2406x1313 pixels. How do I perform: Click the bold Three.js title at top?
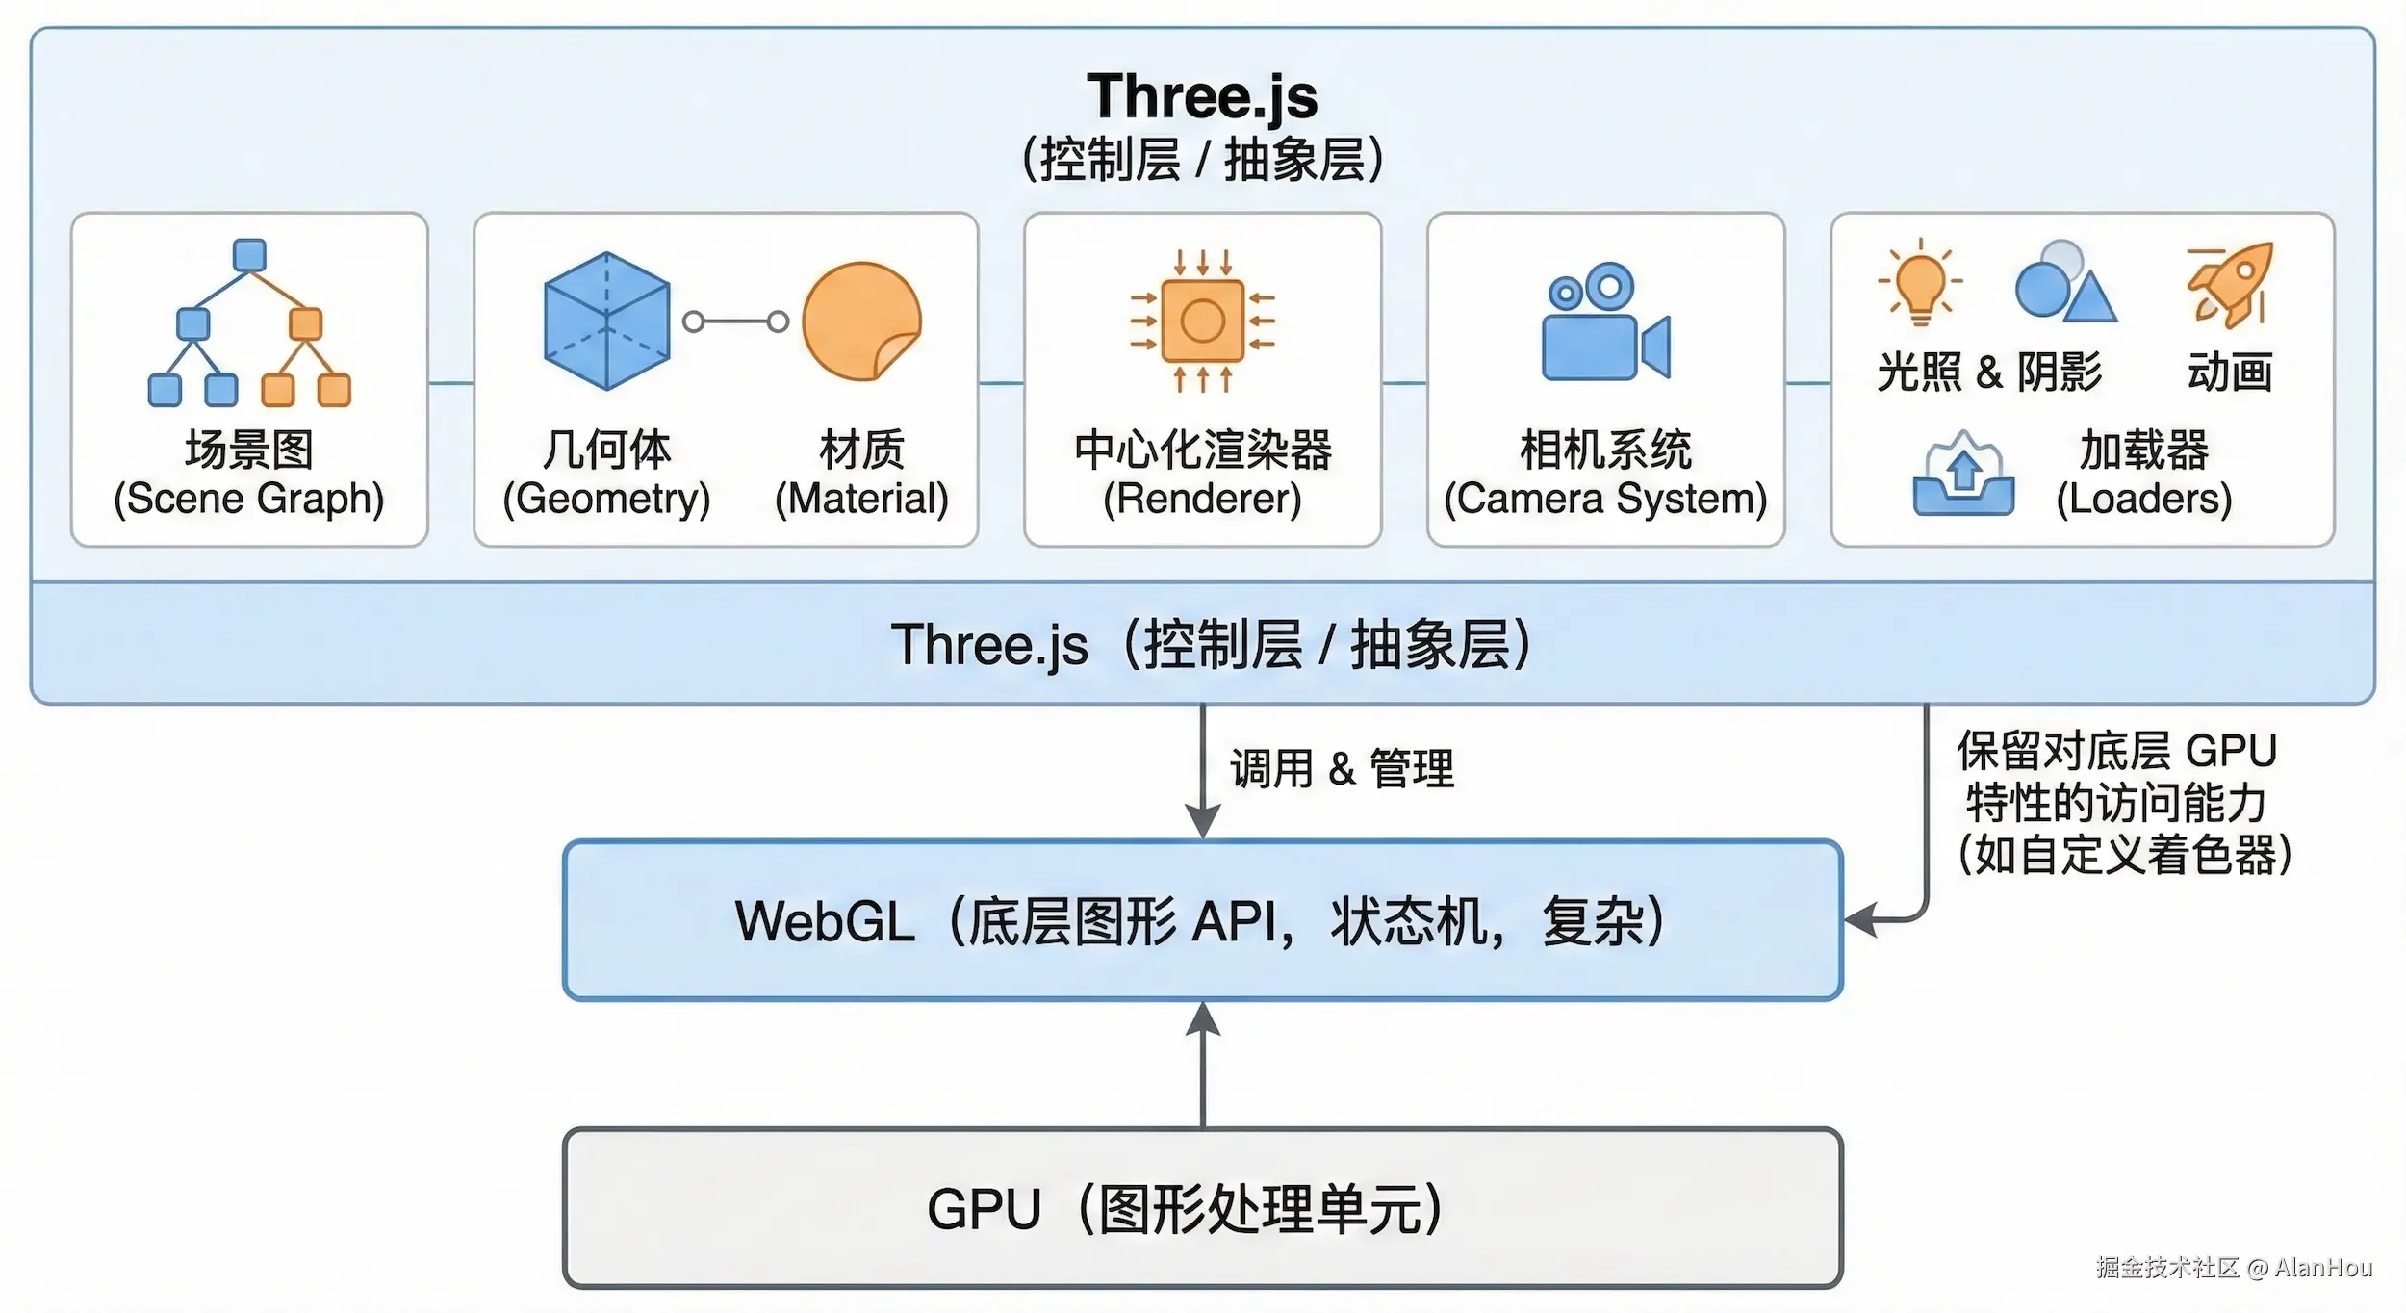click(x=1202, y=96)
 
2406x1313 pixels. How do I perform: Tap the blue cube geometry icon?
click(x=606, y=321)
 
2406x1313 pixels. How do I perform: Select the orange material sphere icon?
click(x=861, y=321)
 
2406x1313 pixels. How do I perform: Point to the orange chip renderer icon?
click(x=1202, y=321)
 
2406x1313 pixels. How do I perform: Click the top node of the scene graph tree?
click(x=249, y=255)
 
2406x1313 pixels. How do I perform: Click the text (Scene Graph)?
click(x=249, y=499)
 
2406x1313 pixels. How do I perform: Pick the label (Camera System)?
click(x=1605, y=499)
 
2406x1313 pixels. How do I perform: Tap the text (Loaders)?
click(x=2143, y=499)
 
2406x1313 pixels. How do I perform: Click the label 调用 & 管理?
click(x=1342, y=769)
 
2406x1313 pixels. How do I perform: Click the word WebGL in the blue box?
click(x=825, y=921)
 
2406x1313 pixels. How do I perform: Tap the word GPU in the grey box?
click(x=984, y=1209)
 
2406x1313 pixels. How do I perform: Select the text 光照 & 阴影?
click(x=1988, y=372)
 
